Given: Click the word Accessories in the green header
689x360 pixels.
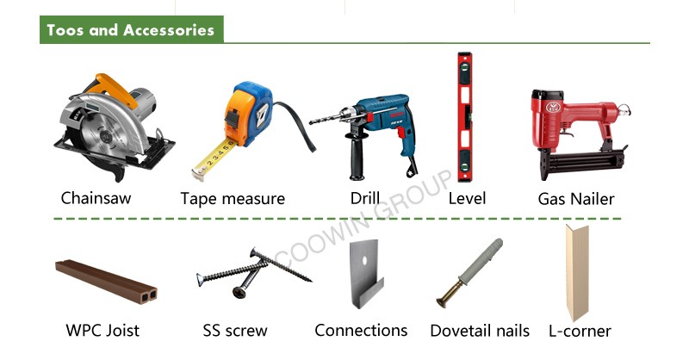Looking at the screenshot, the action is [x=169, y=30].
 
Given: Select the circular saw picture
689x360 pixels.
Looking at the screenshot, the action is [x=115, y=127].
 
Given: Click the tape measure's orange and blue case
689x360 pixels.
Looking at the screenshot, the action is [x=248, y=114].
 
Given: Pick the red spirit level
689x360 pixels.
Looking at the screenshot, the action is [x=465, y=117].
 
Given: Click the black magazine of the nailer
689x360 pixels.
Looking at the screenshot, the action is [x=585, y=161].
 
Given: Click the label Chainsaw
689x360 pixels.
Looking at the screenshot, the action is [x=96, y=198].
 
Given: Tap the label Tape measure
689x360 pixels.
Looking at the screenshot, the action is [x=233, y=199].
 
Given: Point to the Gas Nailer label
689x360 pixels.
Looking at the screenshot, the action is [x=575, y=199].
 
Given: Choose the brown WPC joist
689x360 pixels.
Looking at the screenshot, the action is [x=106, y=282].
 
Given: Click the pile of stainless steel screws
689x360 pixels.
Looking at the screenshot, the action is [x=253, y=273].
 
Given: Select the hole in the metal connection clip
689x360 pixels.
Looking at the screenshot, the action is [x=363, y=261].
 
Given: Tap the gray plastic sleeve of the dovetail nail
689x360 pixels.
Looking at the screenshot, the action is [x=481, y=262].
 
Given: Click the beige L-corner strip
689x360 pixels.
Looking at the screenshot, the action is [x=576, y=272].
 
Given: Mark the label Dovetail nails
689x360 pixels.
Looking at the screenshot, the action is [x=480, y=331].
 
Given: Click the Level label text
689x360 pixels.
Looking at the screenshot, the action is [x=467, y=198].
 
